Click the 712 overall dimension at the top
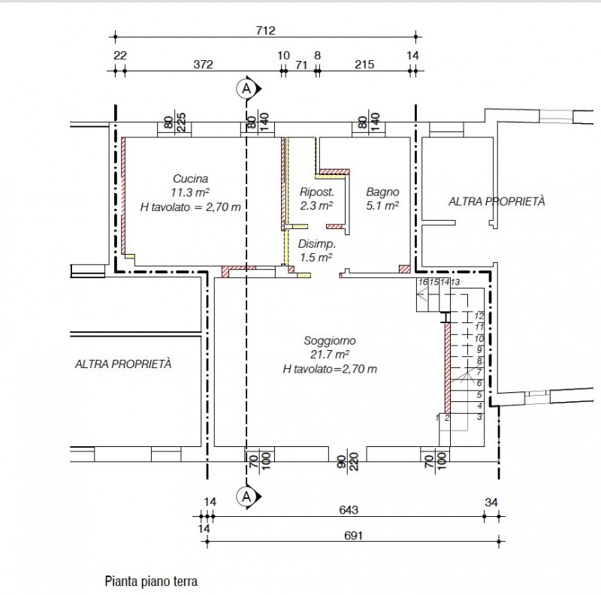tap(266, 31)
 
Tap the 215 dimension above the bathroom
tap(364, 64)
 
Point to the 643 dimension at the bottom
tap(348, 509)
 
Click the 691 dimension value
tap(353, 536)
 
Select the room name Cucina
tap(191, 179)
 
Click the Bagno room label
tap(382, 192)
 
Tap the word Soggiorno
tap(330, 341)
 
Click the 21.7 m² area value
tap(330, 355)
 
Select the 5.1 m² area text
tap(382, 204)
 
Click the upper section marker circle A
tap(245, 89)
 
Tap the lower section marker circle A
tap(245, 495)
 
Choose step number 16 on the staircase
tap(423, 282)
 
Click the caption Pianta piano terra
tap(150, 581)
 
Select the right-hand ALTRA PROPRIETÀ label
tap(496, 201)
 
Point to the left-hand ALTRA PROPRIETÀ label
tap(123, 364)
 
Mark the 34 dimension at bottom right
tap(491, 502)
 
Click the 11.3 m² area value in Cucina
tap(191, 192)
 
